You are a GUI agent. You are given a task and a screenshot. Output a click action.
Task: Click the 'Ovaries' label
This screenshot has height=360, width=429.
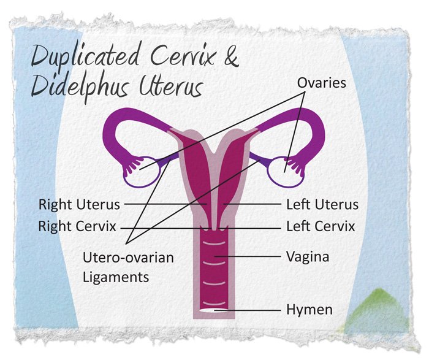click(x=322, y=82)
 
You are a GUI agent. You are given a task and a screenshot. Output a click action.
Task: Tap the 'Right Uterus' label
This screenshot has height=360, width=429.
click(x=79, y=204)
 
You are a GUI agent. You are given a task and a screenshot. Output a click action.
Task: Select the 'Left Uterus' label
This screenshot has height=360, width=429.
click(x=322, y=204)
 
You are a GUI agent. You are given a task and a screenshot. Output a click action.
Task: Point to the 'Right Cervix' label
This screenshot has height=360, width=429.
click(x=77, y=226)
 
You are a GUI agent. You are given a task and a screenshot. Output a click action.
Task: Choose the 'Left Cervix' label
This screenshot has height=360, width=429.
click(x=321, y=226)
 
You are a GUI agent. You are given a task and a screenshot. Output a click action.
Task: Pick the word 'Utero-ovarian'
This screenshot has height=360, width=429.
click(x=127, y=257)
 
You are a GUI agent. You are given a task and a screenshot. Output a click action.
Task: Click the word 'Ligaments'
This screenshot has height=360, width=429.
click(x=115, y=277)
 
